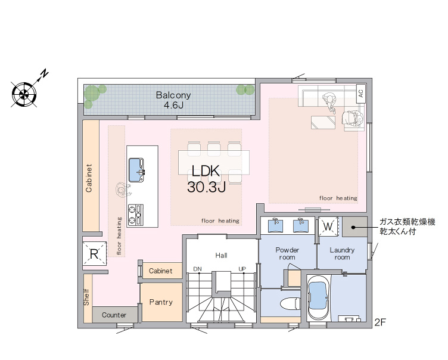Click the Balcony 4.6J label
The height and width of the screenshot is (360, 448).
173,100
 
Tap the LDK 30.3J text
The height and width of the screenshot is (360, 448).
206,179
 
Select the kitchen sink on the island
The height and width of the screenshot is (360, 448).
136,170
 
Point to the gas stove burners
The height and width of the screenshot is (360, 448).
135,215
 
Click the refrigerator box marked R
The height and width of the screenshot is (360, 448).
94,254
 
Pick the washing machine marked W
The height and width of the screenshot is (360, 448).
328,226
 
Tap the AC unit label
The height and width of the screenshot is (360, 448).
360,94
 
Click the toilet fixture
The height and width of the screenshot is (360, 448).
290,303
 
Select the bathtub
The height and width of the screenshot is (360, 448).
318,297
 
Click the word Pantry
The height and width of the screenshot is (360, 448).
161,302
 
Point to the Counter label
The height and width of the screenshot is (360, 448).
114,315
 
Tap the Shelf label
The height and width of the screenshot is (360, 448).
86,297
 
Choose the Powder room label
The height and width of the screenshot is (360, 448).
287,254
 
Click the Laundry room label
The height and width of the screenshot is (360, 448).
342,254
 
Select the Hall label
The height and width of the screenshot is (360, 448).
221,255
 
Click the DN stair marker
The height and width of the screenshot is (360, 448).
197,269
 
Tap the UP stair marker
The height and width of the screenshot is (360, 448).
242,269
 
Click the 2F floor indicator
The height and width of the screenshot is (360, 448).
380,322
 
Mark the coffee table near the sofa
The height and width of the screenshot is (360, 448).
323,122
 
